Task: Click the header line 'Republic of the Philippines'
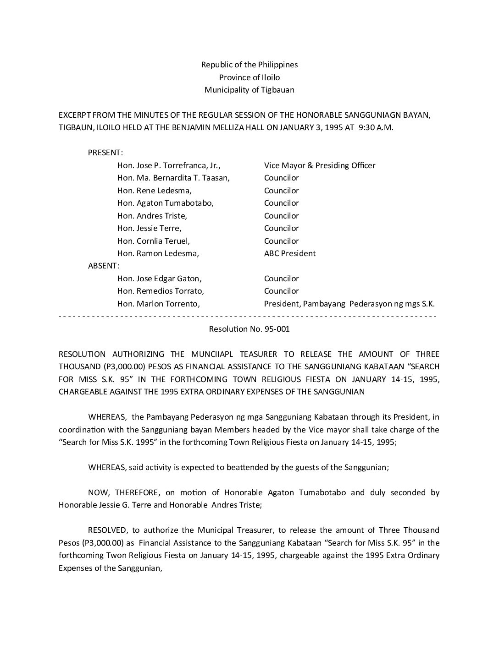[x=249, y=65]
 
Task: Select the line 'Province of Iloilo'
[x=249, y=77]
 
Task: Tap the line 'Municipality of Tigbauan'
[x=249, y=90]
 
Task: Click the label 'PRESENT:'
[x=105, y=153]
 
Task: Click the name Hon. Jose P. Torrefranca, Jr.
[x=169, y=165]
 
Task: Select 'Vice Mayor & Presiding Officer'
[x=320, y=165]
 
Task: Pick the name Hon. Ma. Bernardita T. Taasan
[x=173, y=178]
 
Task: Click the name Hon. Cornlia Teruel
[x=154, y=241]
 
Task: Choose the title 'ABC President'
[x=290, y=253]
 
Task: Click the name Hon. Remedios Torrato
[x=161, y=291]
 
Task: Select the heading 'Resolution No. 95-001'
[x=249, y=329]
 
